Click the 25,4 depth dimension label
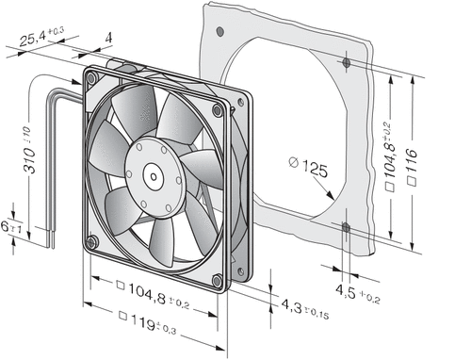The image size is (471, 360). pyautogui.click(x=41, y=37)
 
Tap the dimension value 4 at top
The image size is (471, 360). pyautogui.click(x=108, y=38)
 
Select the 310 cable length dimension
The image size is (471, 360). pyautogui.click(x=28, y=150)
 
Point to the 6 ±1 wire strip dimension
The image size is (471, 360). pyautogui.click(x=11, y=227)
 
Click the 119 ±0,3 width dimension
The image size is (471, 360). pyautogui.click(x=148, y=322)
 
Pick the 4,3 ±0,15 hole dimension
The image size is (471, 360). pyautogui.click(x=304, y=309)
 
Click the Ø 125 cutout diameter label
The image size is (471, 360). pyautogui.click(x=308, y=168)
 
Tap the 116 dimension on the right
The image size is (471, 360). pyautogui.click(x=412, y=167)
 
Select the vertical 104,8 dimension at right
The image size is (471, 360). pyautogui.click(x=390, y=156)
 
